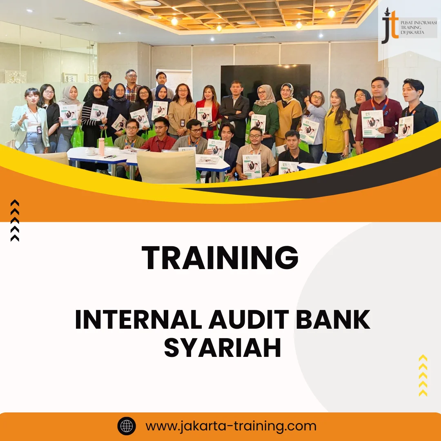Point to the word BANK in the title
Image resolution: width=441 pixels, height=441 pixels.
pyautogui.click(x=333, y=321)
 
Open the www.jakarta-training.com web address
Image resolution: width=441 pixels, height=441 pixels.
pyautogui.click(x=231, y=426)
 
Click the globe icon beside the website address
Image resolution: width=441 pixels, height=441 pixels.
pyautogui.click(x=127, y=426)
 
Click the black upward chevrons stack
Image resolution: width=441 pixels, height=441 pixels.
pyautogui.click(x=15, y=220)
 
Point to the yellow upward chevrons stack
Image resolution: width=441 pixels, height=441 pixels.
pyautogui.click(x=423, y=376)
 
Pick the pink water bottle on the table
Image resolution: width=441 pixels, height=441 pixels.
pyautogui.click(x=101, y=146)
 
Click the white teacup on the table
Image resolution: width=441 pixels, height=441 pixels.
pyautogui.click(x=91, y=151)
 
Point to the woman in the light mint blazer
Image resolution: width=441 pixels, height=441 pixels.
pyautogui.click(x=29, y=122)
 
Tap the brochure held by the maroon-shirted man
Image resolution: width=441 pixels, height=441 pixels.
pyautogui.click(x=372, y=124)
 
